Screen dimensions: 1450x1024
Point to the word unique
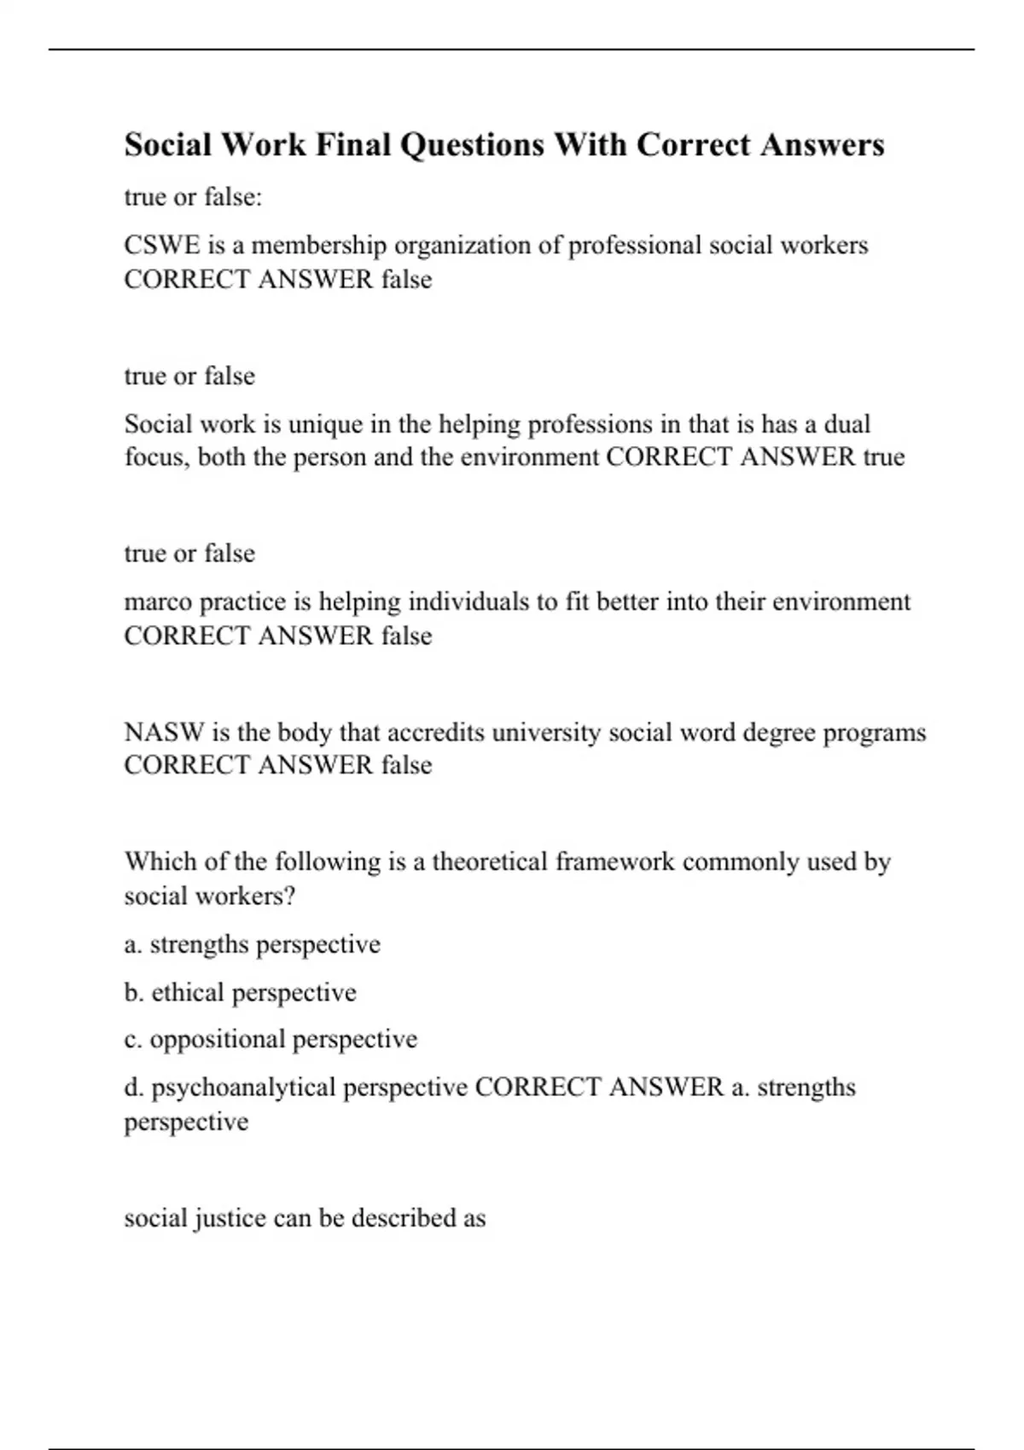coord(326,424)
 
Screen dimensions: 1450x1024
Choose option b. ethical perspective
coord(240,992)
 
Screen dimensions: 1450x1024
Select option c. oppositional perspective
coord(271,1039)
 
